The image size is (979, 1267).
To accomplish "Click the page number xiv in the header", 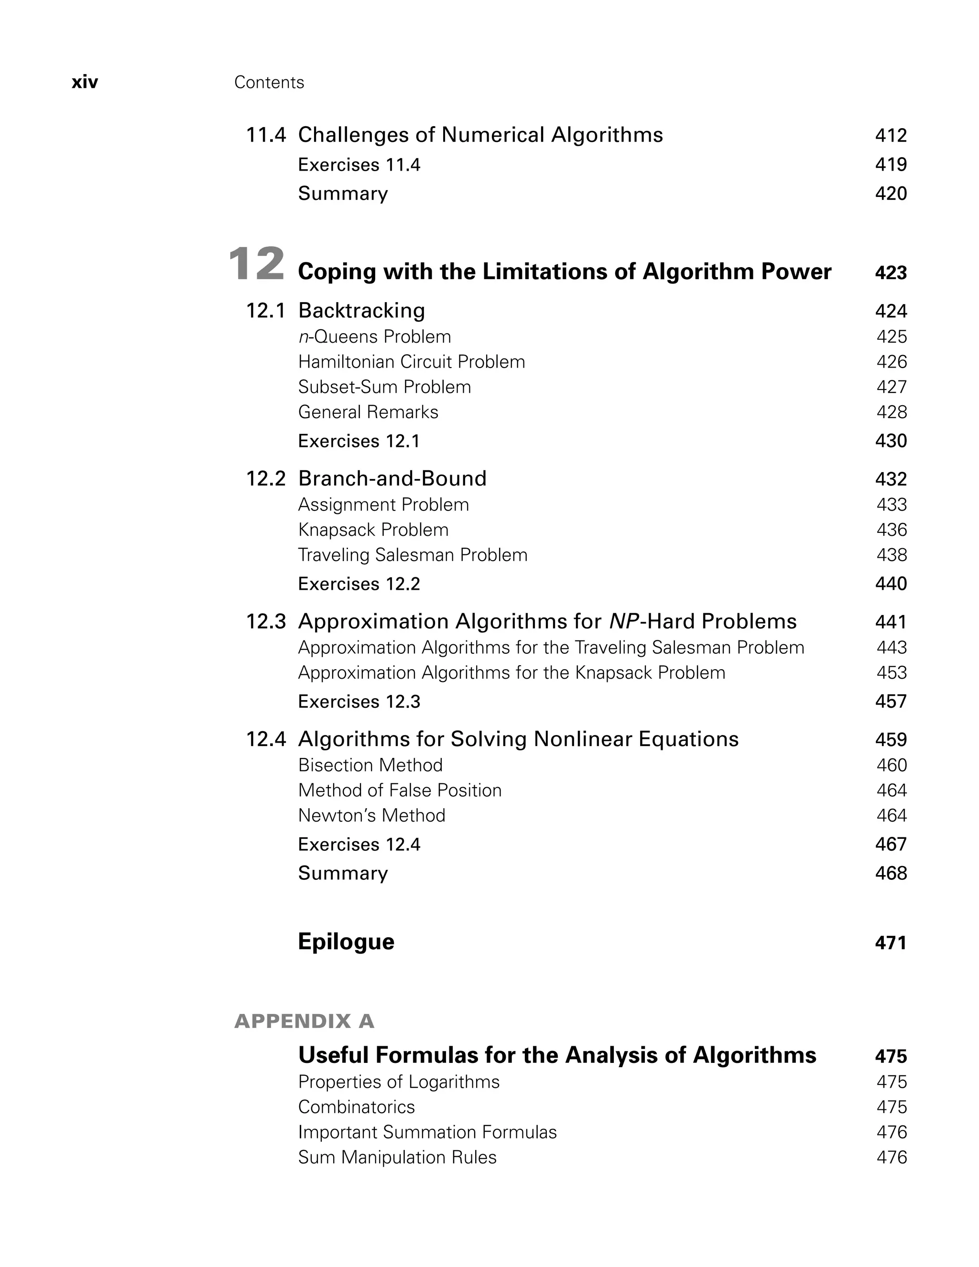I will (x=85, y=82).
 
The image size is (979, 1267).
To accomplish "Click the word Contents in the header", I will (x=269, y=82).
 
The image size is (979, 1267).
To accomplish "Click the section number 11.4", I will (x=265, y=135).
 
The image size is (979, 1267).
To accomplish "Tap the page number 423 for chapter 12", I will (x=890, y=272).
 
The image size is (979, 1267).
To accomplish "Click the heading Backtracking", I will (x=361, y=310).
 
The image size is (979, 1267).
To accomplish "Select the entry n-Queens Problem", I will (x=374, y=336).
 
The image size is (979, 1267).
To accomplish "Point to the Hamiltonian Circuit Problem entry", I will (x=411, y=362).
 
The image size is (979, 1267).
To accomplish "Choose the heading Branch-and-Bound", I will (x=392, y=478).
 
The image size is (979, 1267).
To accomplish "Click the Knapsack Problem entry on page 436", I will (x=373, y=530).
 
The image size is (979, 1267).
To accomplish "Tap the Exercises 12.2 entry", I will (x=359, y=584).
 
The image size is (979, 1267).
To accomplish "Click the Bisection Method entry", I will (x=370, y=765).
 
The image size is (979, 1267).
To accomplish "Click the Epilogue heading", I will (x=346, y=942).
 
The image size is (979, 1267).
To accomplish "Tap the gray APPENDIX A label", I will (x=304, y=1021).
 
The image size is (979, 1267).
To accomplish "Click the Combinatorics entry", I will (x=356, y=1107).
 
